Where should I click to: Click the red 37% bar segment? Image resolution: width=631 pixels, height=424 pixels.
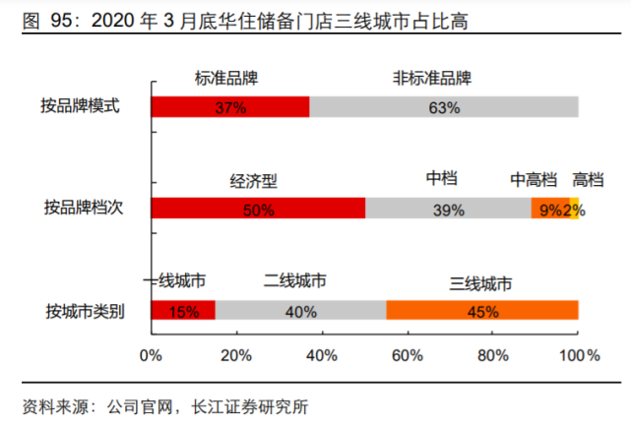pos(230,107)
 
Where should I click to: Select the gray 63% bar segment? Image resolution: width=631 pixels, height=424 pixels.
pos(444,107)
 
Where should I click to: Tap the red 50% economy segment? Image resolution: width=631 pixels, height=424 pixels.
pos(258,209)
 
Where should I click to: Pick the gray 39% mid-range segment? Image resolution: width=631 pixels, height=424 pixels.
pos(448,209)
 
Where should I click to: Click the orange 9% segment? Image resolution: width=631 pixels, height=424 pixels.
pos(548,209)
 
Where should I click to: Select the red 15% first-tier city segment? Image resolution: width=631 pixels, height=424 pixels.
pos(183,310)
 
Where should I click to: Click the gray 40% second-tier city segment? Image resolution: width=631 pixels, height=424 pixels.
pos(300,310)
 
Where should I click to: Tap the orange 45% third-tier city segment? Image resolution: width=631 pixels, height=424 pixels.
pos(482,310)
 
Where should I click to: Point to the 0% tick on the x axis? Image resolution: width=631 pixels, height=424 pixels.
pos(151,353)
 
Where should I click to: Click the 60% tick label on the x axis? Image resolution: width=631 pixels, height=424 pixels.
pos(407,353)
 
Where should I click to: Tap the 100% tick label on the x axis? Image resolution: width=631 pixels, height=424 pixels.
pos(578,353)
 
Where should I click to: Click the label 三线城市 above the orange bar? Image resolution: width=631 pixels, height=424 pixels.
pos(481,282)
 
